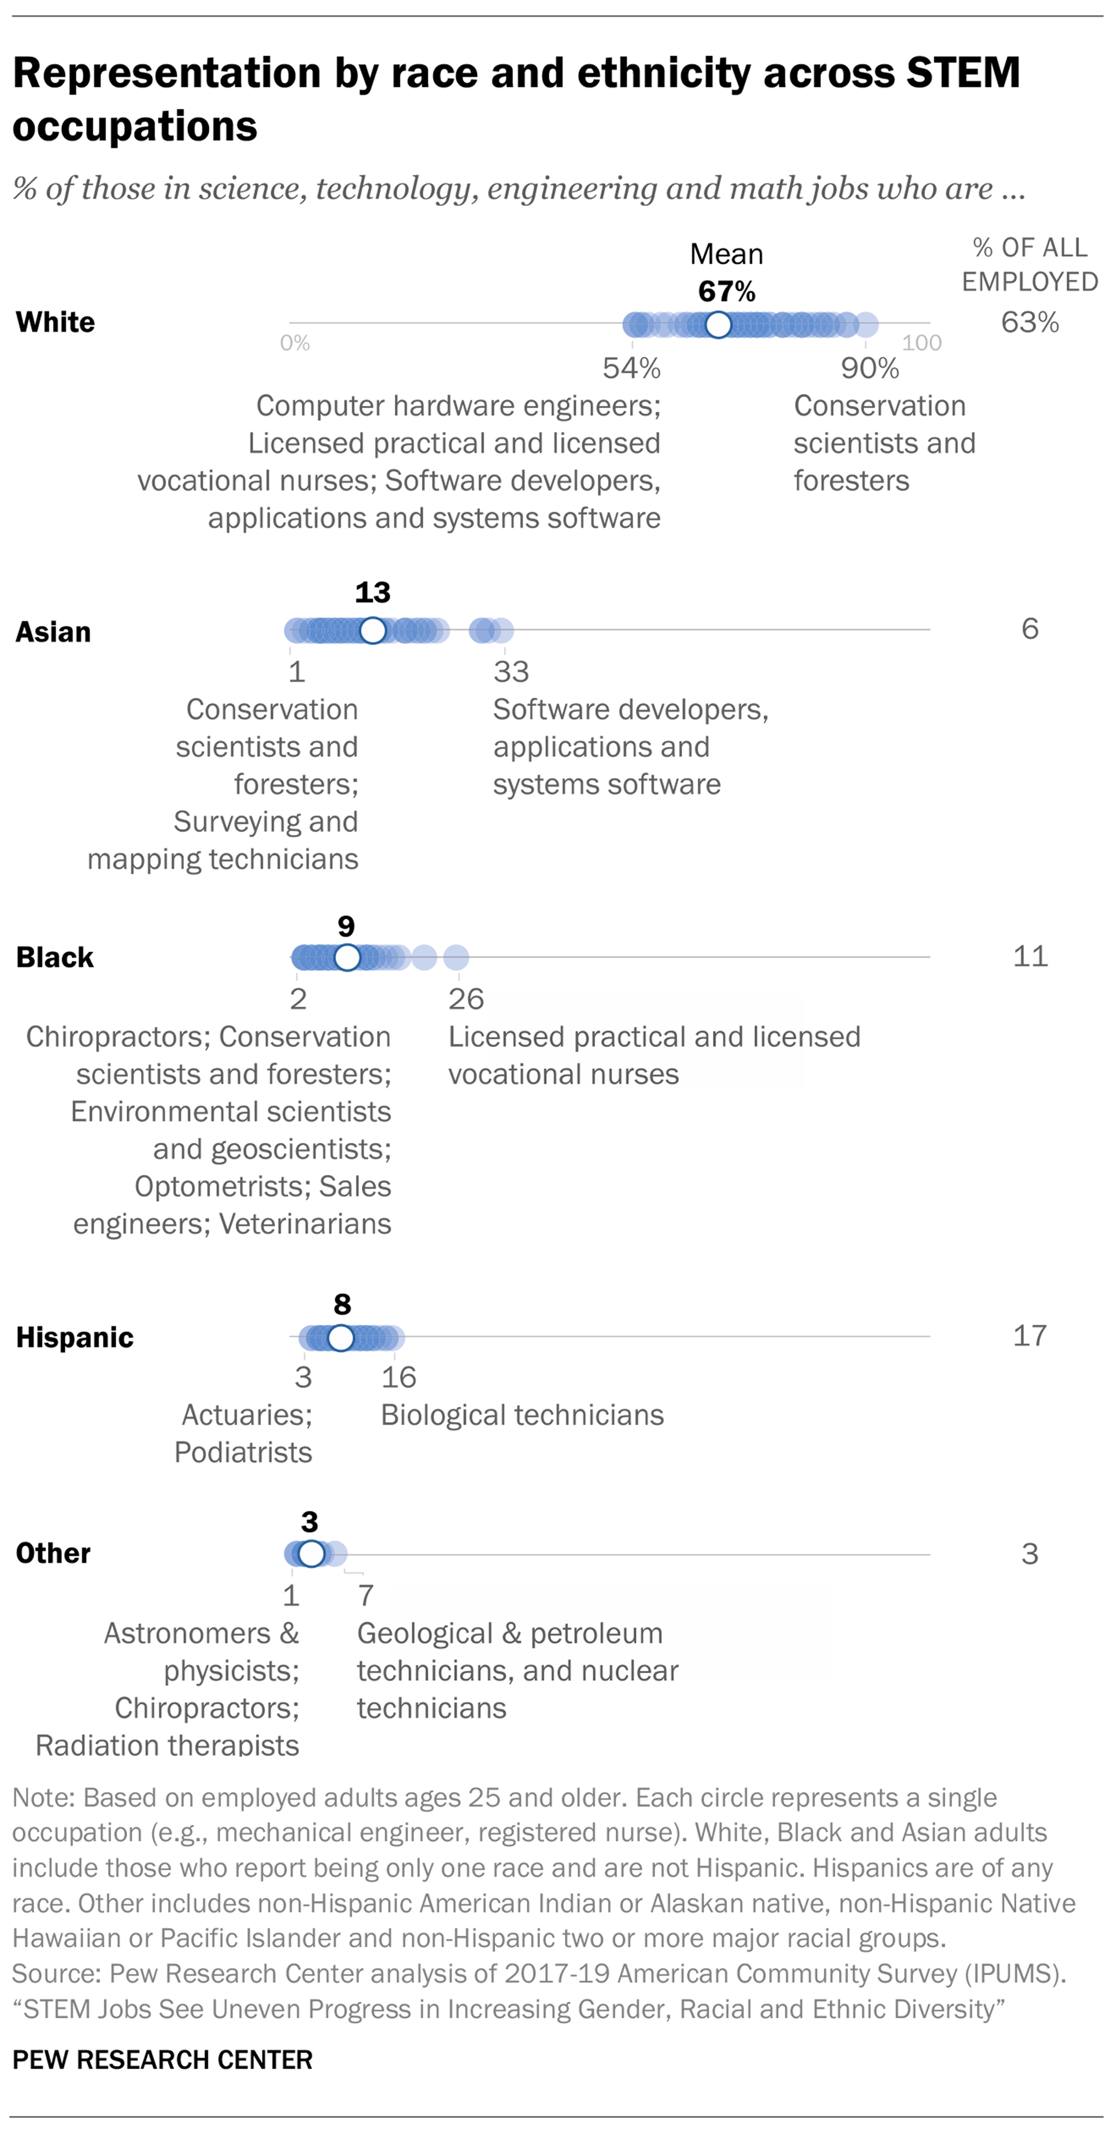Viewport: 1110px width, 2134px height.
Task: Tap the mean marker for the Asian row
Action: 373,630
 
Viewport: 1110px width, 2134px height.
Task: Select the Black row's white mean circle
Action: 347,957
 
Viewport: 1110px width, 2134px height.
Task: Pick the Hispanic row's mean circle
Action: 341,1337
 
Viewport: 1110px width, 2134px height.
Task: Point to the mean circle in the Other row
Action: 310,1554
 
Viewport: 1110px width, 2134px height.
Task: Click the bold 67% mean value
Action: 727,291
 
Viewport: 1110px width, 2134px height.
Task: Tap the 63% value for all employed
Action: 1030,322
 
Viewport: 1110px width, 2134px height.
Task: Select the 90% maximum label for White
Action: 869,369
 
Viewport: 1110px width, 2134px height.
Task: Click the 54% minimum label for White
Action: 631,369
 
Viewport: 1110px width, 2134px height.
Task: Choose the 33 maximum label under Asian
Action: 510,672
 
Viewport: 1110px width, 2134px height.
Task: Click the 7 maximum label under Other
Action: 365,1596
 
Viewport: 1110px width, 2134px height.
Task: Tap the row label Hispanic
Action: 75,1337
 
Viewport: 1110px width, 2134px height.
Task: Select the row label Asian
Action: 53,632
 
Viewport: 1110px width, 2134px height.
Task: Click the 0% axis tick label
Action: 295,343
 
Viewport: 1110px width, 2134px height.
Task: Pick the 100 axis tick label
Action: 921,343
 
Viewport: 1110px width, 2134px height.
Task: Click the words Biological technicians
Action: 522,1415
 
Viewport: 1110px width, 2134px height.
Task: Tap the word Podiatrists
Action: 243,1452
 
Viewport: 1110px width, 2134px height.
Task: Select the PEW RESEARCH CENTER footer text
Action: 162,2059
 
